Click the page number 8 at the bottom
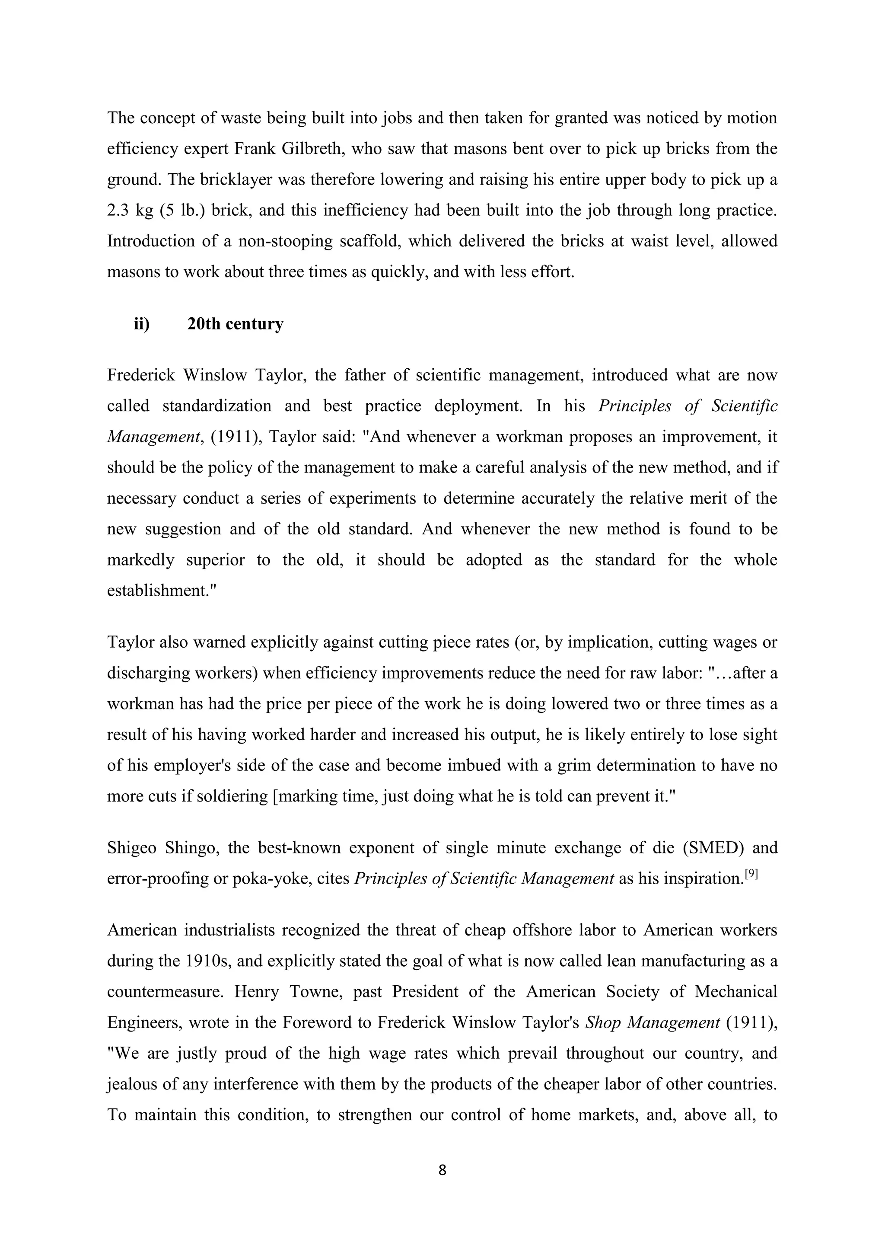coord(442,1170)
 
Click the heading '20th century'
coord(236,324)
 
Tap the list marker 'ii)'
coord(142,324)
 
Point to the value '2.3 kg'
coord(130,211)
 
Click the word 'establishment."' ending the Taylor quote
coord(162,591)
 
